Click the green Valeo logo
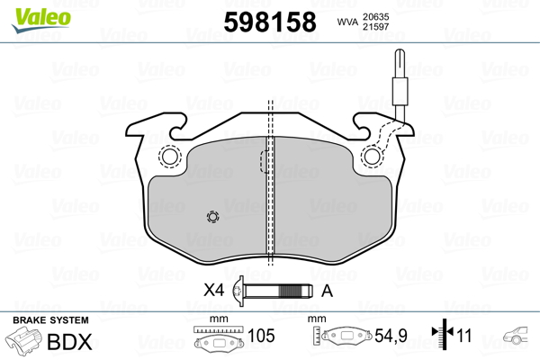click(41, 20)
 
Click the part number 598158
click(270, 22)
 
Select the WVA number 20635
click(375, 16)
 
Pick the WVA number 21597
click(375, 26)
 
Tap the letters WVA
click(347, 22)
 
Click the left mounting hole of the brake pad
click(169, 157)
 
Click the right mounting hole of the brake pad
click(372, 157)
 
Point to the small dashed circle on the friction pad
click(212, 217)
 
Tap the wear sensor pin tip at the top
click(400, 52)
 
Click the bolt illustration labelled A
click(273, 291)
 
